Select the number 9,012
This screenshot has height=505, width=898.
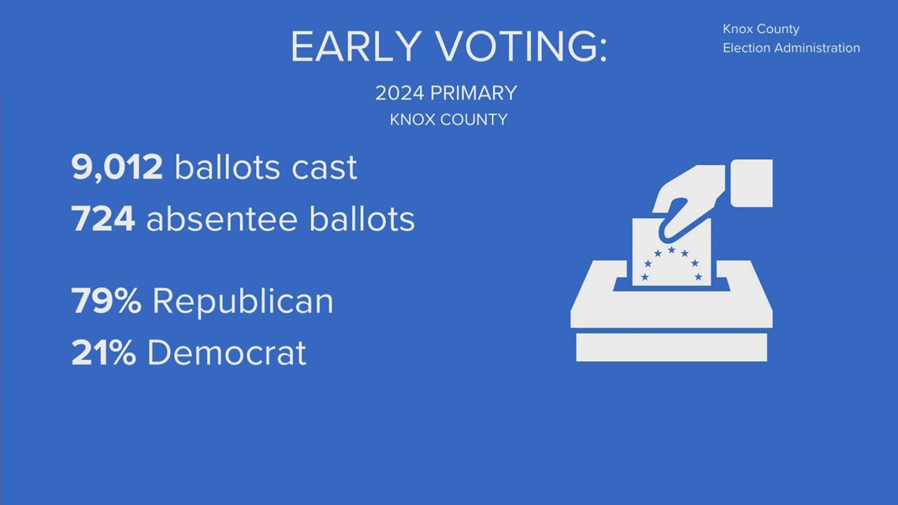117,168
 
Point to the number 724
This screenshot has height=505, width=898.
103,219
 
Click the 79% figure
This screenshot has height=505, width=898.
106,301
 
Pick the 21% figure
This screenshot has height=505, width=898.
103,353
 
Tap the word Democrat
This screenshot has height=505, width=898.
226,353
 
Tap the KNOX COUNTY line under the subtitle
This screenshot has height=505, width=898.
448,120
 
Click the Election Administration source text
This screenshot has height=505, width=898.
791,48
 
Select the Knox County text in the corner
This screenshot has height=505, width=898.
761,29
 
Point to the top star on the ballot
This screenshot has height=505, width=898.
671,249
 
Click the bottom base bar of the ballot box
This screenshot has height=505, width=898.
671,347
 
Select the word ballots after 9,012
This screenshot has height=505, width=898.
228,168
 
